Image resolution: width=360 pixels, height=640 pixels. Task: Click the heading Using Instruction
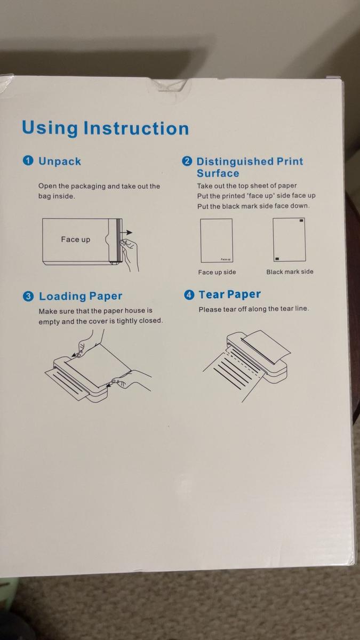(x=105, y=129)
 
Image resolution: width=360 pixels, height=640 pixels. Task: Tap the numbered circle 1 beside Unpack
(x=28, y=161)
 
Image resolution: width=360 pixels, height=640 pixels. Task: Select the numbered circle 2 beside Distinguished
(x=187, y=162)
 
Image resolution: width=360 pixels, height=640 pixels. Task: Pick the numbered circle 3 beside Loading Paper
(x=29, y=297)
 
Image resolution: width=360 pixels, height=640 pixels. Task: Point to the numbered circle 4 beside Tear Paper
(x=189, y=295)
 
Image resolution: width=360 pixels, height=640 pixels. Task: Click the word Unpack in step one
(x=60, y=161)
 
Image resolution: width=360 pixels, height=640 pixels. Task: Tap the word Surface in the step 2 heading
(x=218, y=173)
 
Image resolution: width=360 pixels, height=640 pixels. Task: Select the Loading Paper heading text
(x=81, y=297)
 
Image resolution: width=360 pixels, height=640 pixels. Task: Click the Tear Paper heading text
(x=229, y=295)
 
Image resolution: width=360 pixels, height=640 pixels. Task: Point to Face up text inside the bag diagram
(x=75, y=239)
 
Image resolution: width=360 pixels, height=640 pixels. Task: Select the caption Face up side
(x=217, y=272)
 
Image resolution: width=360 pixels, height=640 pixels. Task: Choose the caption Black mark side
(x=290, y=271)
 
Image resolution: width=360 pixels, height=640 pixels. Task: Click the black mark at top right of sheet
(x=301, y=220)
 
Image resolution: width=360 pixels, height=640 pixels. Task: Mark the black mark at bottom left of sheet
(x=277, y=259)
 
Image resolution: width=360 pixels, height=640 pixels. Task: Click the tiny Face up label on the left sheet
(x=225, y=259)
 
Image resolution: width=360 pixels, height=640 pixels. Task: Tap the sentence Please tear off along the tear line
(x=253, y=309)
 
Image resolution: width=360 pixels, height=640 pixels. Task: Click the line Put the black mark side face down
(x=253, y=206)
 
